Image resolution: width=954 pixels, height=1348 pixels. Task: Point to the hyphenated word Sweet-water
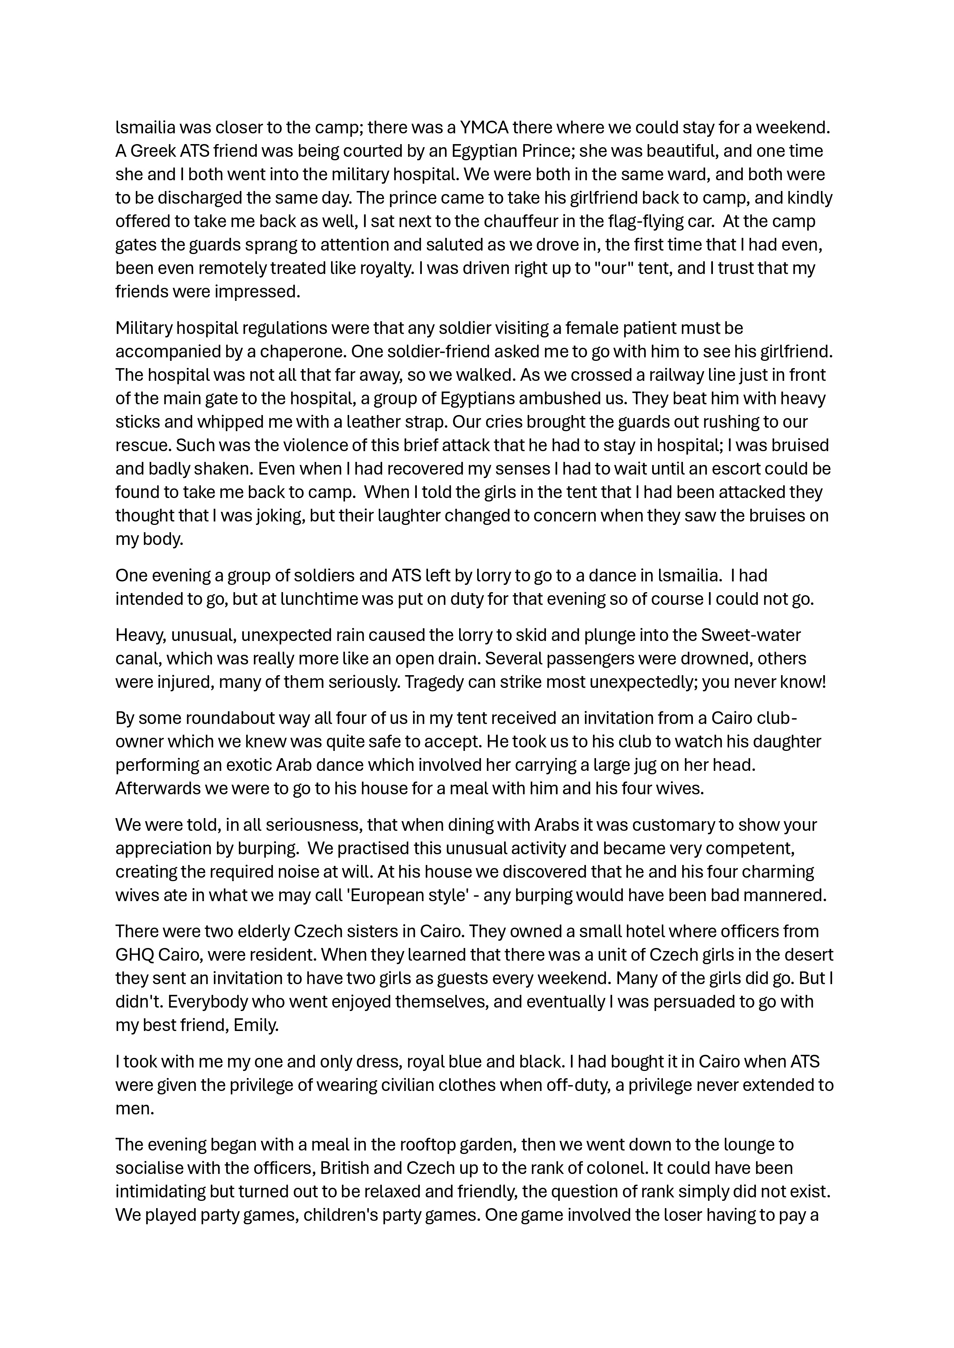(751, 635)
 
